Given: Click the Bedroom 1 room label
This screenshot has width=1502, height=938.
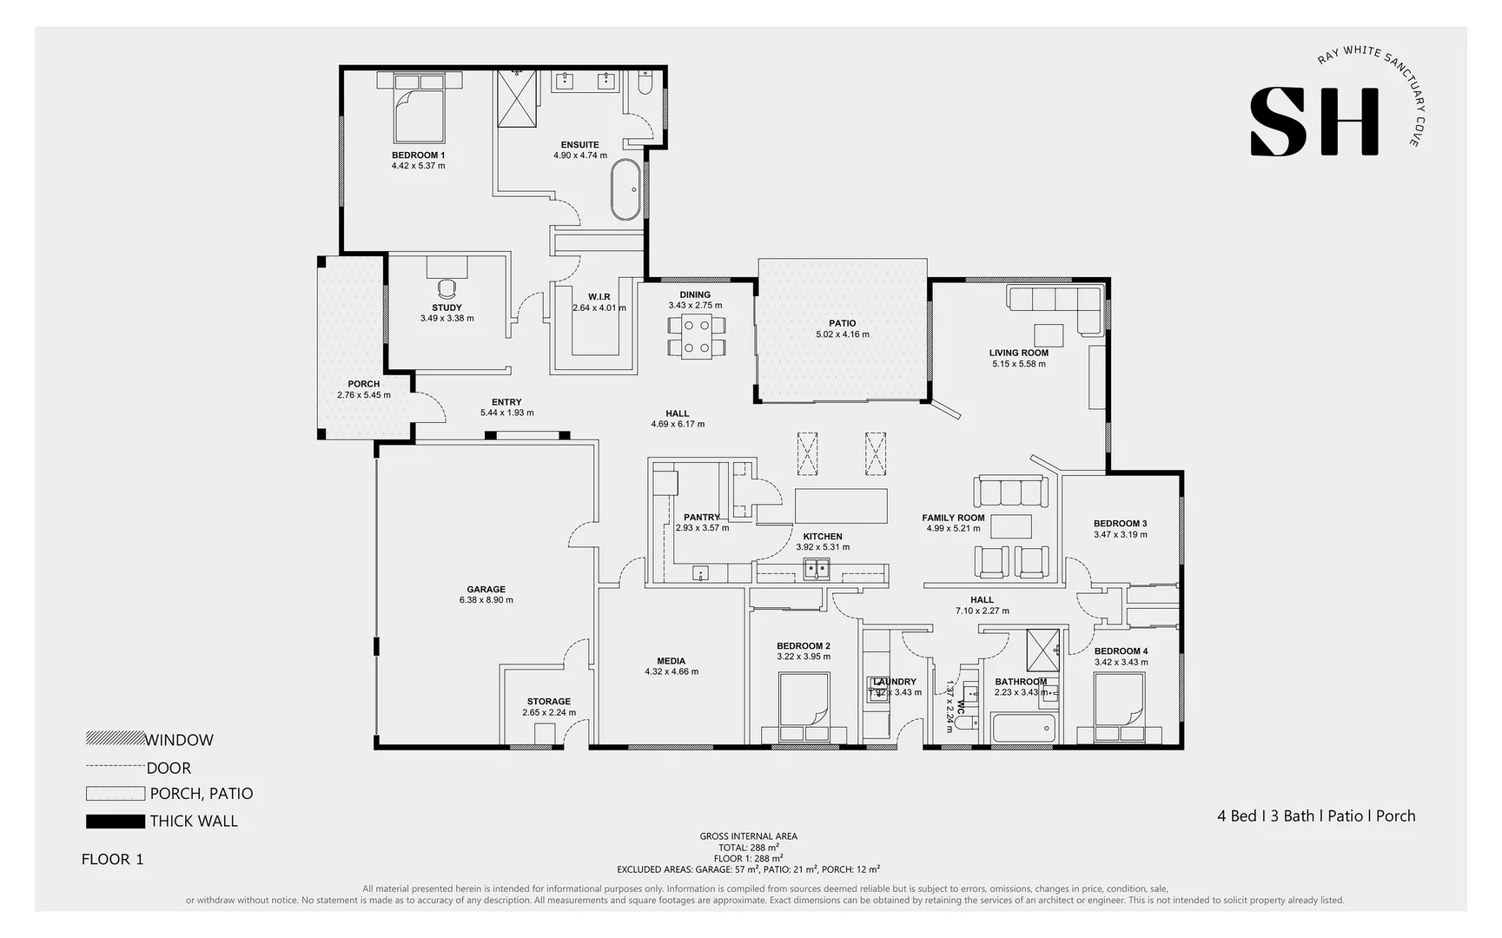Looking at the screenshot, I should tap(418, 155).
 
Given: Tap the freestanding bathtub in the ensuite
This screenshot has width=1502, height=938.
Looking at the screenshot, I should tap(625, 189).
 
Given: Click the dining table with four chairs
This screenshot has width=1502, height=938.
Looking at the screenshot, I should tap(696, 337).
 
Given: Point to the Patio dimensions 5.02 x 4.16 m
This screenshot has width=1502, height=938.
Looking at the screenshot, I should tap(842, 334).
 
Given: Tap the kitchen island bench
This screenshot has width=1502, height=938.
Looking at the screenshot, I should tap(841, 505).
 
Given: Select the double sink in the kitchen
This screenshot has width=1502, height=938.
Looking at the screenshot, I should tap(816, 569).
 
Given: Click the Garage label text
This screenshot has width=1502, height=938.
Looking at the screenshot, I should tap(486, 589).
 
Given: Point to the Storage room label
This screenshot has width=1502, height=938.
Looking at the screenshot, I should tap(548, 702).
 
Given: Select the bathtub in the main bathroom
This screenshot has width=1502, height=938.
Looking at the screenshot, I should tap(1023, 729).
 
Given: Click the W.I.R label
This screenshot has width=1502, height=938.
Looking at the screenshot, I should tap(599, 297).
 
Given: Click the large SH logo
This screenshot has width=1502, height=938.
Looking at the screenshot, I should tap(1314, 122).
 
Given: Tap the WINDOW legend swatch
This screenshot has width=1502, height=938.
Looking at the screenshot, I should tap(115, 739).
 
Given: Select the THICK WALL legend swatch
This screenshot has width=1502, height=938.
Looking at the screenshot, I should tap(115, 821).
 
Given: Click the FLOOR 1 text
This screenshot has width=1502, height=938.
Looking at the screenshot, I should tap(112, 859).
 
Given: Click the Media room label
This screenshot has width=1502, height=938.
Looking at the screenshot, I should tap(671, 661).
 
